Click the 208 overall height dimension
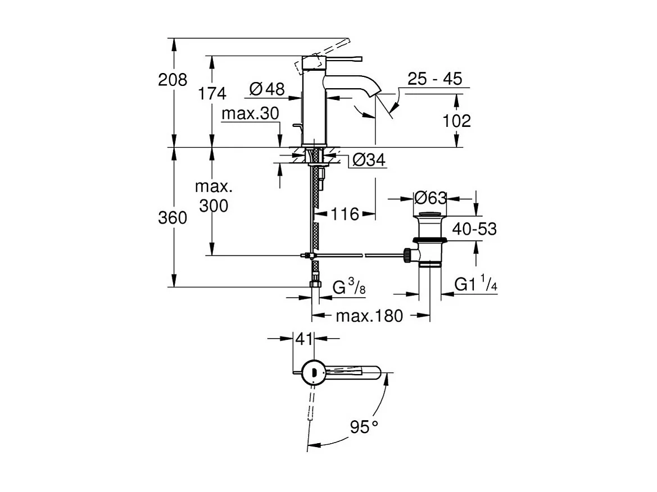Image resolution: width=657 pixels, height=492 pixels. [x=173, y=80]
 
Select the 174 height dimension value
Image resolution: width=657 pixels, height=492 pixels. [x=212, y=93]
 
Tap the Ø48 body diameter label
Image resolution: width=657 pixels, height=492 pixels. [x=266, y=88]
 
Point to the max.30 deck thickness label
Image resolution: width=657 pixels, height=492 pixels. [x=250, y=114]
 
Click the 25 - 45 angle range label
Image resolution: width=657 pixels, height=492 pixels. [x=434, y=79]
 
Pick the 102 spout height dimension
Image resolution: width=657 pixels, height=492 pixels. [x=456, y=120]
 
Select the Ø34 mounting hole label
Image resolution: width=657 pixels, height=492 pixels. [x=369, y=161]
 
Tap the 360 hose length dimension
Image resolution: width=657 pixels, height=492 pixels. [x=173, y=218]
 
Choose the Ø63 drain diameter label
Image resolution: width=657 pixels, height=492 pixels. [x=430, y=198]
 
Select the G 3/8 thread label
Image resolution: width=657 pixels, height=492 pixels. [x=349, y=288]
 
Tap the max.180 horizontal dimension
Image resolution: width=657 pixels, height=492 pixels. [x=369, y=316]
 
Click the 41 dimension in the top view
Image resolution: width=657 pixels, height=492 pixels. [x=303, y=339]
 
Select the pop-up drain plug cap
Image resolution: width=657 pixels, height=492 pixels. [x=431, y=215]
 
